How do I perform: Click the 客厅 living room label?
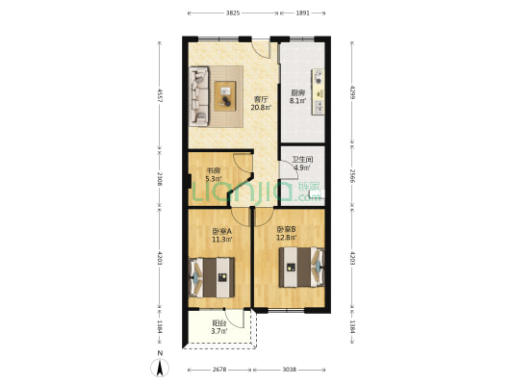pos(261,99)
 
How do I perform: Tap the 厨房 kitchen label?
pos(298,93)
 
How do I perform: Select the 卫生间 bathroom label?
pos(302,159)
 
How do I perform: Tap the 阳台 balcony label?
pos(218,323)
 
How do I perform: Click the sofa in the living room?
pos(199,94)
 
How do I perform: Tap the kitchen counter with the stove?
pos(317,92)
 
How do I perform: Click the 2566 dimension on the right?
pos(353,175)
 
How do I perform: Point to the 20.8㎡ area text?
pos(261,107)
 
